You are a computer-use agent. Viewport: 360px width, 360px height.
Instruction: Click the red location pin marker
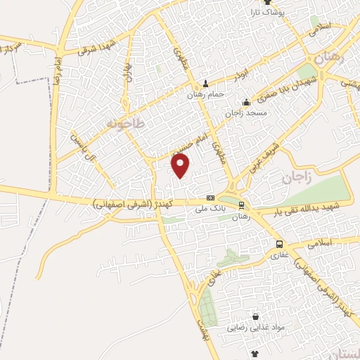pyautogui.click(x=181, y=165)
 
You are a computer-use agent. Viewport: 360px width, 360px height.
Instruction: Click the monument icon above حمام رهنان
pyautogui.click(x=205, y=84)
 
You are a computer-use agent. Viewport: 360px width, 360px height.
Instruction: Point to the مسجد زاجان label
pyautogui.click(x=243, y=112)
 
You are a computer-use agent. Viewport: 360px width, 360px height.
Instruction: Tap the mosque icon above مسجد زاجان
pyautogui.click(x=245, y=102)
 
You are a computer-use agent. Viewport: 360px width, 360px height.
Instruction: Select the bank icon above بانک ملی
pyautogui.click(x=210, y=198)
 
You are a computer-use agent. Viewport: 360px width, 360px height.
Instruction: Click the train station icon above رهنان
pyautogui.click(x=242, y=205)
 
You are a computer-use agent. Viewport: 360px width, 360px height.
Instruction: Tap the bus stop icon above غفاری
pyautogui.click(x=280, y=244)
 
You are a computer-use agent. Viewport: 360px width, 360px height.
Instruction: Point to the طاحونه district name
pyautogui.click(x=124, y=124)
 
